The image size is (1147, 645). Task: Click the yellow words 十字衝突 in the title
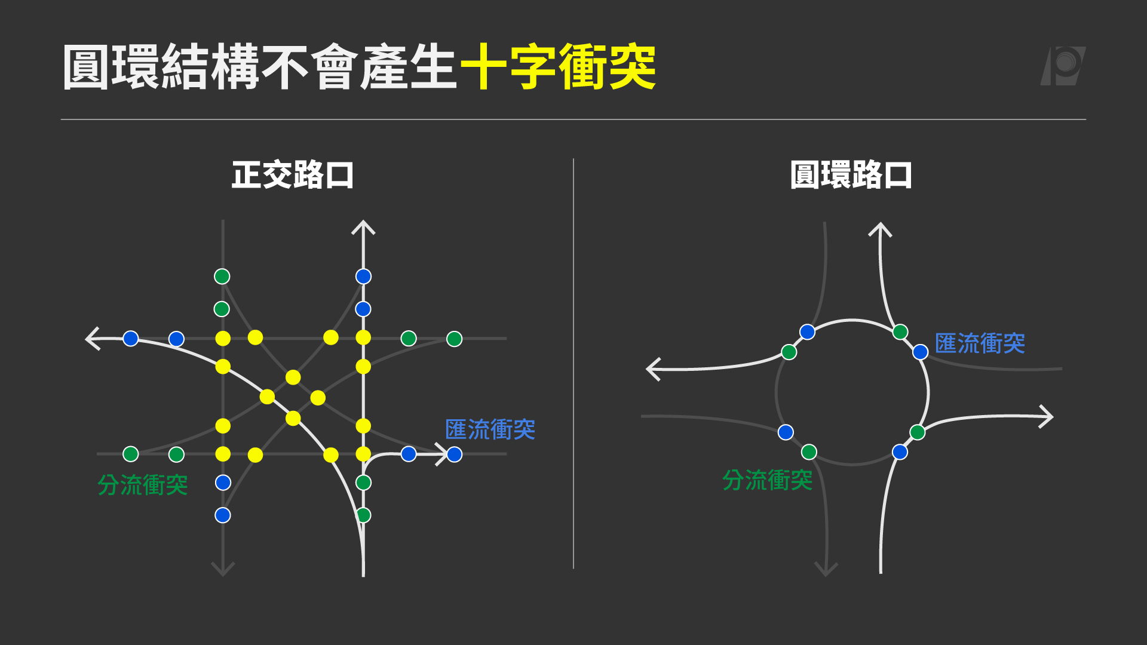point(558,67)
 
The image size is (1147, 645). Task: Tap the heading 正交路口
point(293,175)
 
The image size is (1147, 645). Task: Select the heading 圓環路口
point(851,175)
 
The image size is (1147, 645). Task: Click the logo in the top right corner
point(1063,66)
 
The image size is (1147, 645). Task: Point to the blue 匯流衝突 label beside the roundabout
point(980,343)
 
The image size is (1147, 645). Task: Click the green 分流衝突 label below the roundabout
point(768,480)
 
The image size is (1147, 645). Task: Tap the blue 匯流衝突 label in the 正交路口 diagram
point(490,429)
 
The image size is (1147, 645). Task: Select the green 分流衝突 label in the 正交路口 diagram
point(143,485)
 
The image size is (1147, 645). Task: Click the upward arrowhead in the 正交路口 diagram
point(363,228)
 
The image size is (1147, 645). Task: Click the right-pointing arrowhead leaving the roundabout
point(1046,416)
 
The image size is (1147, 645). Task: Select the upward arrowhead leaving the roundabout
point(880,230)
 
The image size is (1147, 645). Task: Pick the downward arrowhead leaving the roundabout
point(826,569)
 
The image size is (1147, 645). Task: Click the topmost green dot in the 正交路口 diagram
point(222,277)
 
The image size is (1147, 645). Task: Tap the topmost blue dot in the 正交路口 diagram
point(363,277)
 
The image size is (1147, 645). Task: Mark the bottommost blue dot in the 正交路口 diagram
point(223,515)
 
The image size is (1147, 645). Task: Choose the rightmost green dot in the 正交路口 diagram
point(455,339)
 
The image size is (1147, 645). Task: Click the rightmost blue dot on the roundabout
point(921,352)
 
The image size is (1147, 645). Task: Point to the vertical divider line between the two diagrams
point(573,364)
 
